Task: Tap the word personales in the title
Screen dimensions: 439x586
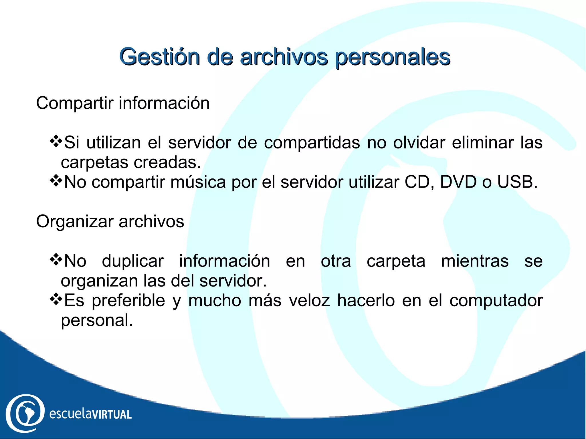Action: pos(392,57)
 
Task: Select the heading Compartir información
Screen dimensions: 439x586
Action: pos(123,103)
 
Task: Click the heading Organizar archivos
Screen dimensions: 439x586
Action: pos(110,221)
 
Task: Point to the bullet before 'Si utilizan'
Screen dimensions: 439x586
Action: pos(56,141)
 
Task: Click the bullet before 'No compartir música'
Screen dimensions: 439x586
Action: pos(56,180)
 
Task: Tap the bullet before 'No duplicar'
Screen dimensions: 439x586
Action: pos(56,259)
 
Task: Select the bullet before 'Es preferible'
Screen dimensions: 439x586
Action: pos(56,299)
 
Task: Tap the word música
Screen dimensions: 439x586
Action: pos(198,182)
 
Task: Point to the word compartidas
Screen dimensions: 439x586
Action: pos(312,143)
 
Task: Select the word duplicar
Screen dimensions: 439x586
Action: pos(133,261)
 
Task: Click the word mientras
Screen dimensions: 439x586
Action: pos(475,261)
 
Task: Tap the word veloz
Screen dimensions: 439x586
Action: pos(309,300)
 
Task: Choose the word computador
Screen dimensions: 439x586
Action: pos(496,301)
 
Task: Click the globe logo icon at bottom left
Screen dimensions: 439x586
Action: pos(25,413)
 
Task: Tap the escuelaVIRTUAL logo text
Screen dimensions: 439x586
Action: pos(90,414)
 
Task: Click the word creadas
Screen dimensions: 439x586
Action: pos(167,162)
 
